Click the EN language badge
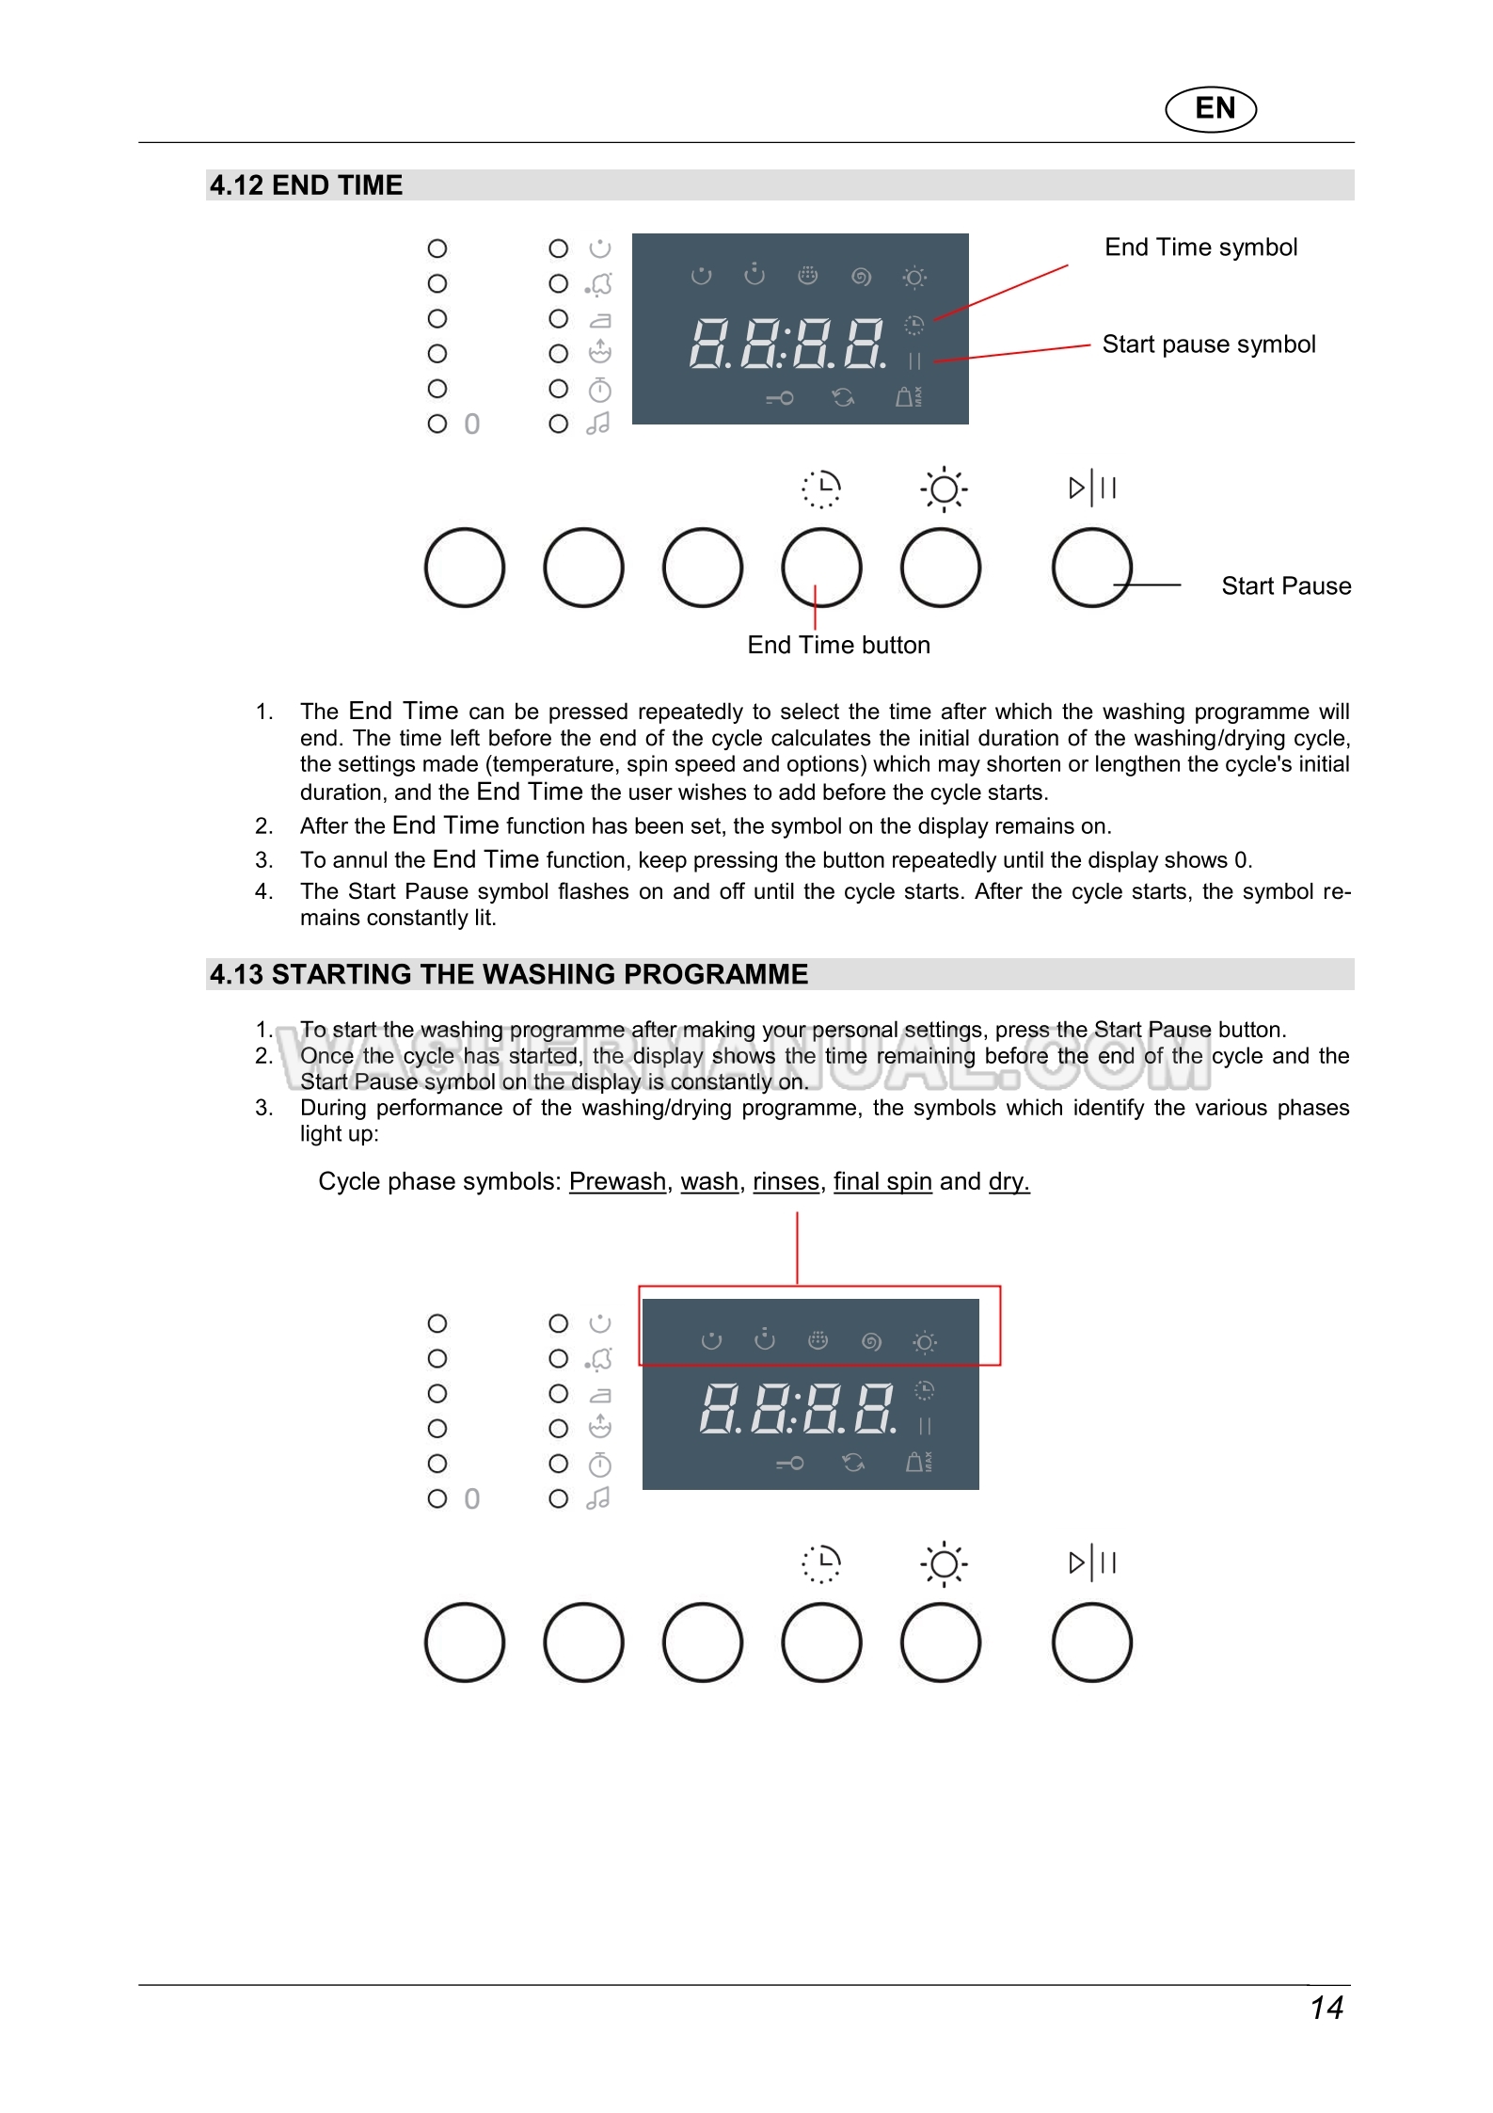pos(1211,108)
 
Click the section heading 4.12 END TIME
pos(306,185)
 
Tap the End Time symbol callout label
pos(1200,248)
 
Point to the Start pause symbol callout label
pos(1208,344)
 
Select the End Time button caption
pos(838,646)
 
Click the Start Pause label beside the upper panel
pos(1285,586)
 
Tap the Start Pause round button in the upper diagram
pos(1091,568)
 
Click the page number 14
pos(1326,2009)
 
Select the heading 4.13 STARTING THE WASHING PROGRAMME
pos(509,974)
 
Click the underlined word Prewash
pos(617,1182)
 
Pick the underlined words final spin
pos(882,1182)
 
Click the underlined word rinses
pos(786,1182)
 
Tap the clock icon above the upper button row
pos(821,488)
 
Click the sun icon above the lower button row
pos(944,1564)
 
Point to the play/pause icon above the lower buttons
pos(1092,1563)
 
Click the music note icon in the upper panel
pos(598,424)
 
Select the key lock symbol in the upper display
pos(780,398)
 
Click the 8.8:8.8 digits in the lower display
pos(797,1408)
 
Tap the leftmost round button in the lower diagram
pos(465,1642)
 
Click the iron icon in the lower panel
pos(599,1395)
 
